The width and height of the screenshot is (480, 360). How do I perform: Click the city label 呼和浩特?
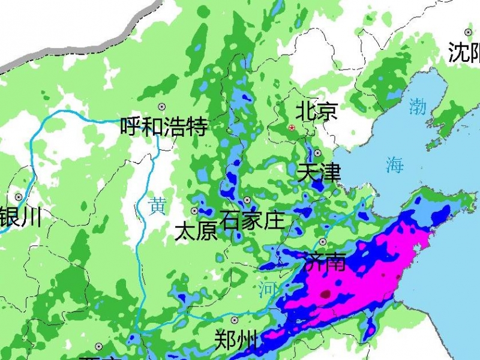point(164,127)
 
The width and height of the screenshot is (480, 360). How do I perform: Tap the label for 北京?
point(317,112)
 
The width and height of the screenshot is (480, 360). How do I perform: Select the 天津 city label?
point(319,173)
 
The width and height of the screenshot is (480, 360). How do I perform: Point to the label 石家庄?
point(252,220)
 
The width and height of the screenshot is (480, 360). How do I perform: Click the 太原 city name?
point(196,231)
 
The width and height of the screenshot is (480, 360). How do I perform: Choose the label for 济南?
point(325,262)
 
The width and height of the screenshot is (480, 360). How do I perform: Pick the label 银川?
point(21,217)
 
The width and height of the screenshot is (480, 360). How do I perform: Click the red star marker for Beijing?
point(292,128)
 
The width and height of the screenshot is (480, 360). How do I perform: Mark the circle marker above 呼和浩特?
point(161,106)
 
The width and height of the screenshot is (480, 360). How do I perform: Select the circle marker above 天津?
point(317,153)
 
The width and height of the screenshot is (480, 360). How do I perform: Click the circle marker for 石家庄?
point(247,200)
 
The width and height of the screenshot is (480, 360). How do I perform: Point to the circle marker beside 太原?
point(194,211)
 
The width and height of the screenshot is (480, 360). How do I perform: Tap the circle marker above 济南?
point(322,242)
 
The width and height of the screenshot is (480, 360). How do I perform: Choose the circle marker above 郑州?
point(235,320)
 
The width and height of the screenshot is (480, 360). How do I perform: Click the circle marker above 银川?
point(19,197)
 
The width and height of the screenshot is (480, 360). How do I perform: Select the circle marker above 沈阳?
point(468,32)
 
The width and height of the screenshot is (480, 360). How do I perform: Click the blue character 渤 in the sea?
point(418,107)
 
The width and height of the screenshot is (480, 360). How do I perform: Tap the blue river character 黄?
point(157,206)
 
